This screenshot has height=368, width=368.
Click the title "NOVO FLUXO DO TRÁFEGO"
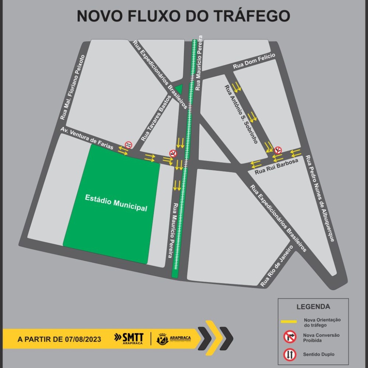point(183,17)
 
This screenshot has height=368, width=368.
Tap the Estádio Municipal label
point(116,203)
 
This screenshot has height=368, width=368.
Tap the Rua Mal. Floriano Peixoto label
point(72,87)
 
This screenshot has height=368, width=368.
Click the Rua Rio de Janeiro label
point(276,266)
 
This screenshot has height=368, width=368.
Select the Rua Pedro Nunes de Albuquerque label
point(320,199)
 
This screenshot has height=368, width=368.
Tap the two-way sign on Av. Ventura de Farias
point(128,145)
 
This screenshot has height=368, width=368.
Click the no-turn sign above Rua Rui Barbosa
point(278,150)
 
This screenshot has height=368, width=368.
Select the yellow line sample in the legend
point(289,322)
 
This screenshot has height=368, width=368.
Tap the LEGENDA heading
point(313,307)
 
